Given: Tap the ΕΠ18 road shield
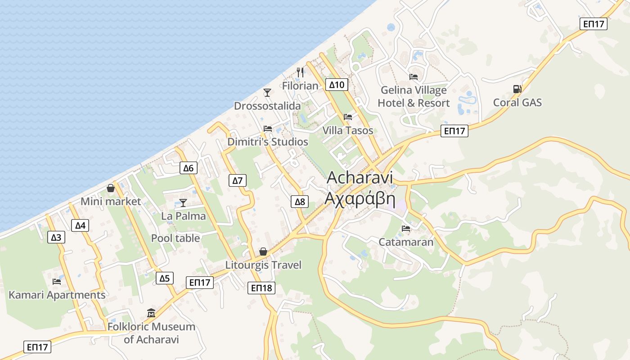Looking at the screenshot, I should pos(261,288).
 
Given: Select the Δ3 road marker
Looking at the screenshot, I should pos(56,237).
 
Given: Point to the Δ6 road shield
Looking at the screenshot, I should pos(188,168).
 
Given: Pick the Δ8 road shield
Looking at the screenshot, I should pos(300,202).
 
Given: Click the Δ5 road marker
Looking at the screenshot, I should pos(165,278).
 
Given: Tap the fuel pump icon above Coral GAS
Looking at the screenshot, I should pos(517,89).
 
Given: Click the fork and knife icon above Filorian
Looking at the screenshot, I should pos(300,72).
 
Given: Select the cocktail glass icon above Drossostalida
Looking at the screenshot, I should pos(267,93).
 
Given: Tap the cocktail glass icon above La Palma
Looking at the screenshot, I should pos(183,203).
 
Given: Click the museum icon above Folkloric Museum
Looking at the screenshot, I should pos(151,313).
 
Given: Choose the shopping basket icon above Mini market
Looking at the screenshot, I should pos(111,188).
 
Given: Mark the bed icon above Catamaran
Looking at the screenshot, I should pos(406,229).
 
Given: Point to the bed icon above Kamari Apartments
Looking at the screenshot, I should pos(57,282).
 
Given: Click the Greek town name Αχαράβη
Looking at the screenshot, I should pos(360,198).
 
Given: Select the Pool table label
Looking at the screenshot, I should pos(175,238).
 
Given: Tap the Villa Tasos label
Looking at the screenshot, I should pos(348,130).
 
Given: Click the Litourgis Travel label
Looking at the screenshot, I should pos(263,265).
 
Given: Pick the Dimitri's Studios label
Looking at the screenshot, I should pos(268,142).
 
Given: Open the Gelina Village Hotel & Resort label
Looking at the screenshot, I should pos(414,96).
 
